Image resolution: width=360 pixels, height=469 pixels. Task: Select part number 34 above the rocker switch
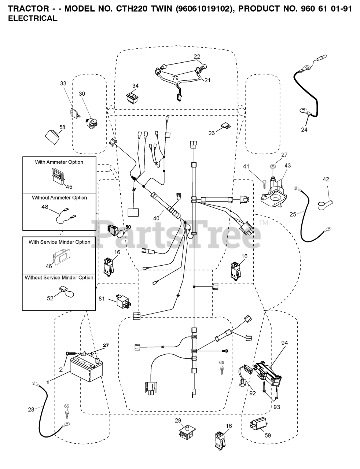[135, 86]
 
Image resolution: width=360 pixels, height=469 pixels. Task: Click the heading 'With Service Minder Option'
[59, 242]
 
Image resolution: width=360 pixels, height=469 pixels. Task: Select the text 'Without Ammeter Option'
[59, 198]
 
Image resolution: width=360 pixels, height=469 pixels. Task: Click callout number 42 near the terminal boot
[326, 180]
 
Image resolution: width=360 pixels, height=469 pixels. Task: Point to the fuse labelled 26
[225, 127]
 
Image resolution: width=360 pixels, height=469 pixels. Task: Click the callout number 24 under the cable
[304, 130]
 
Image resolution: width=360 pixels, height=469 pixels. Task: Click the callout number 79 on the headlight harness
[175, 78]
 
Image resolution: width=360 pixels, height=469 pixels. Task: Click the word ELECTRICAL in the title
[33, 18]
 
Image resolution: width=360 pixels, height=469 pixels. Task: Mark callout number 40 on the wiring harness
[156, 218]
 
